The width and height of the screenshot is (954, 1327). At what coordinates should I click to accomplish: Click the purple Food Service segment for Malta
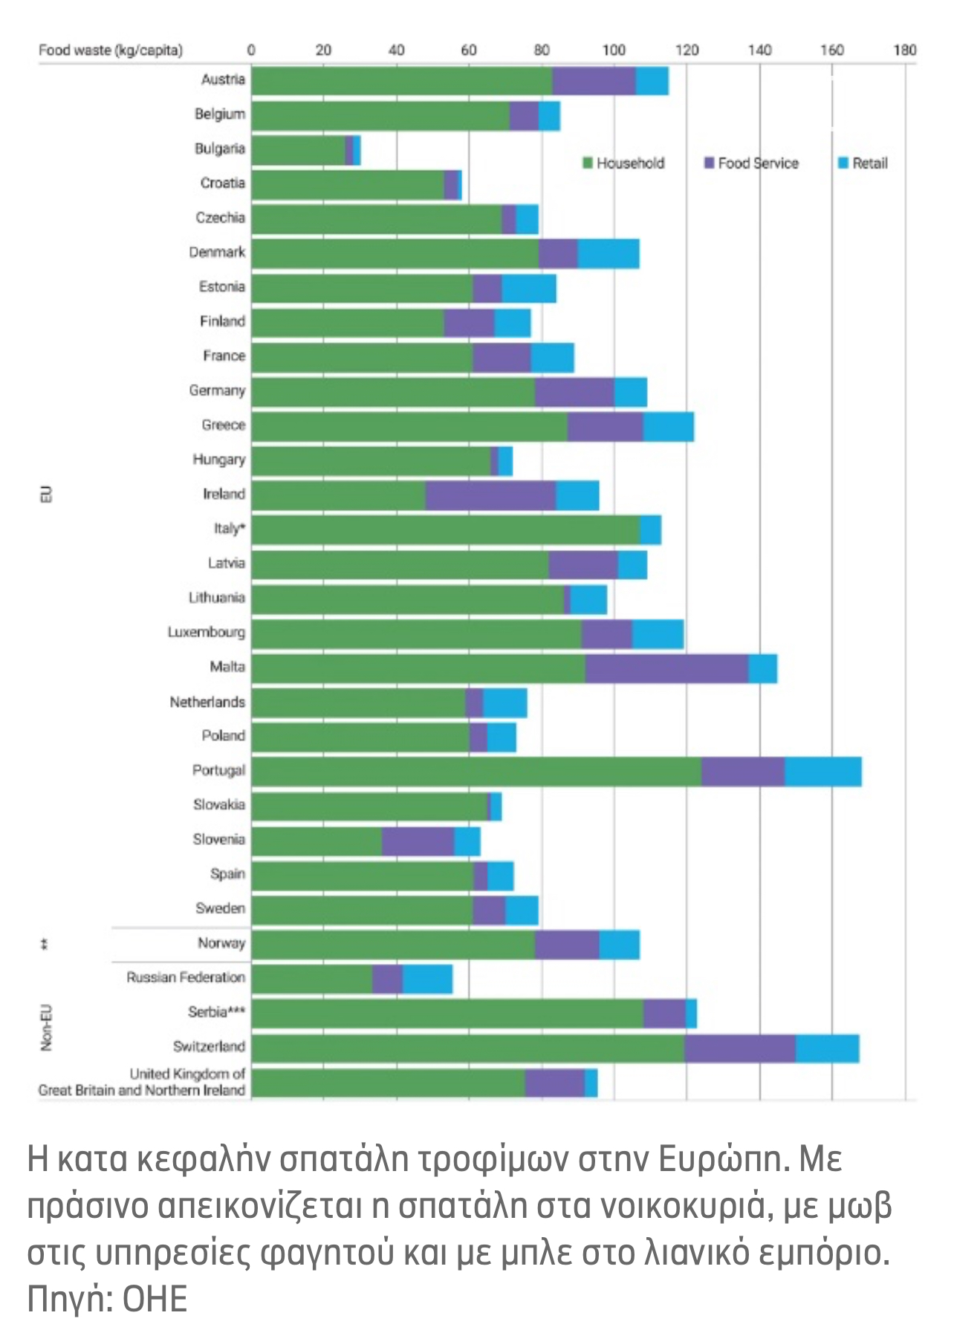pyautogui.click(x=666, y=668)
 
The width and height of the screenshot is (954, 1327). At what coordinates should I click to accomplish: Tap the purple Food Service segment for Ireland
pyautogui.click(x=490, y=495)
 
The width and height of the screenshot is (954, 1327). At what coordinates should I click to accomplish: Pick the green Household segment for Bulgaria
pyautogui.click(x=298, y=150)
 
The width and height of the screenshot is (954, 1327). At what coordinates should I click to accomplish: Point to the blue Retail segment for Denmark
pyautogui.click(x=609, y=254)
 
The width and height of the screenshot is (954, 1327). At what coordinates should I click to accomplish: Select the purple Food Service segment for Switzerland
pyautogui.click(x=740, y=1048)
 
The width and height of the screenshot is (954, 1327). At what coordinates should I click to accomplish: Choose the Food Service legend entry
pyautogui.click(x=751, y=163)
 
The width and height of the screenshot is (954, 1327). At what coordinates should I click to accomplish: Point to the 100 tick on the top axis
pyautogui.click(x=614, y=50)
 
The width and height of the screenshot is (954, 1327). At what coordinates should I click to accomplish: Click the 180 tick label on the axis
pyautogui.click(x=904, y=50)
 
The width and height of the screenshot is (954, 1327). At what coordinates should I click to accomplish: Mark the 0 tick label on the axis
pyautogui.click(x=251, y=50)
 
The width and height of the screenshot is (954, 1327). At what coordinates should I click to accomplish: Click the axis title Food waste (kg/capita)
pyautogui.click(x=110, y=50)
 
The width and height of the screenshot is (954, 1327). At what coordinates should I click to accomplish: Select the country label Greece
pyautogui.click(x=223, y=425)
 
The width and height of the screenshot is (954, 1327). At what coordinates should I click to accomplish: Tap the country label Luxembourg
pyautogui.click(x=206, y=632)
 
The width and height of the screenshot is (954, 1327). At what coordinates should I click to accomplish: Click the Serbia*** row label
pyautogui.click(x=216, y=1012)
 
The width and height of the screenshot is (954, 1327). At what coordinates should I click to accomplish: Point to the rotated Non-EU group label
pyautogui.click(x=46, y=1028)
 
